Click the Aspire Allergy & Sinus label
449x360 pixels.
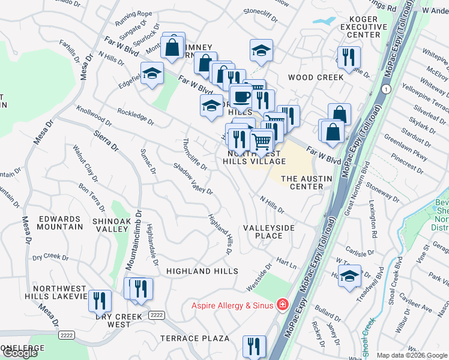[x=233, y=305]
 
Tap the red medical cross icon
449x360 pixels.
[x=280, y=305]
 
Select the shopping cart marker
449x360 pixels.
[x=262, y=142]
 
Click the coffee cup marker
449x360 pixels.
[x=241, y=97]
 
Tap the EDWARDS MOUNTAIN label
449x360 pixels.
[x=58, y=223]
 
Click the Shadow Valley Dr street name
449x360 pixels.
[x=193, y=179]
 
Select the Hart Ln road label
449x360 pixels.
[x=286, y=263]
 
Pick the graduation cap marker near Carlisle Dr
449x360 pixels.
[x=349, y=276]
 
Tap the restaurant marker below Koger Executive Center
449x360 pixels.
[x=349, y=58]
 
